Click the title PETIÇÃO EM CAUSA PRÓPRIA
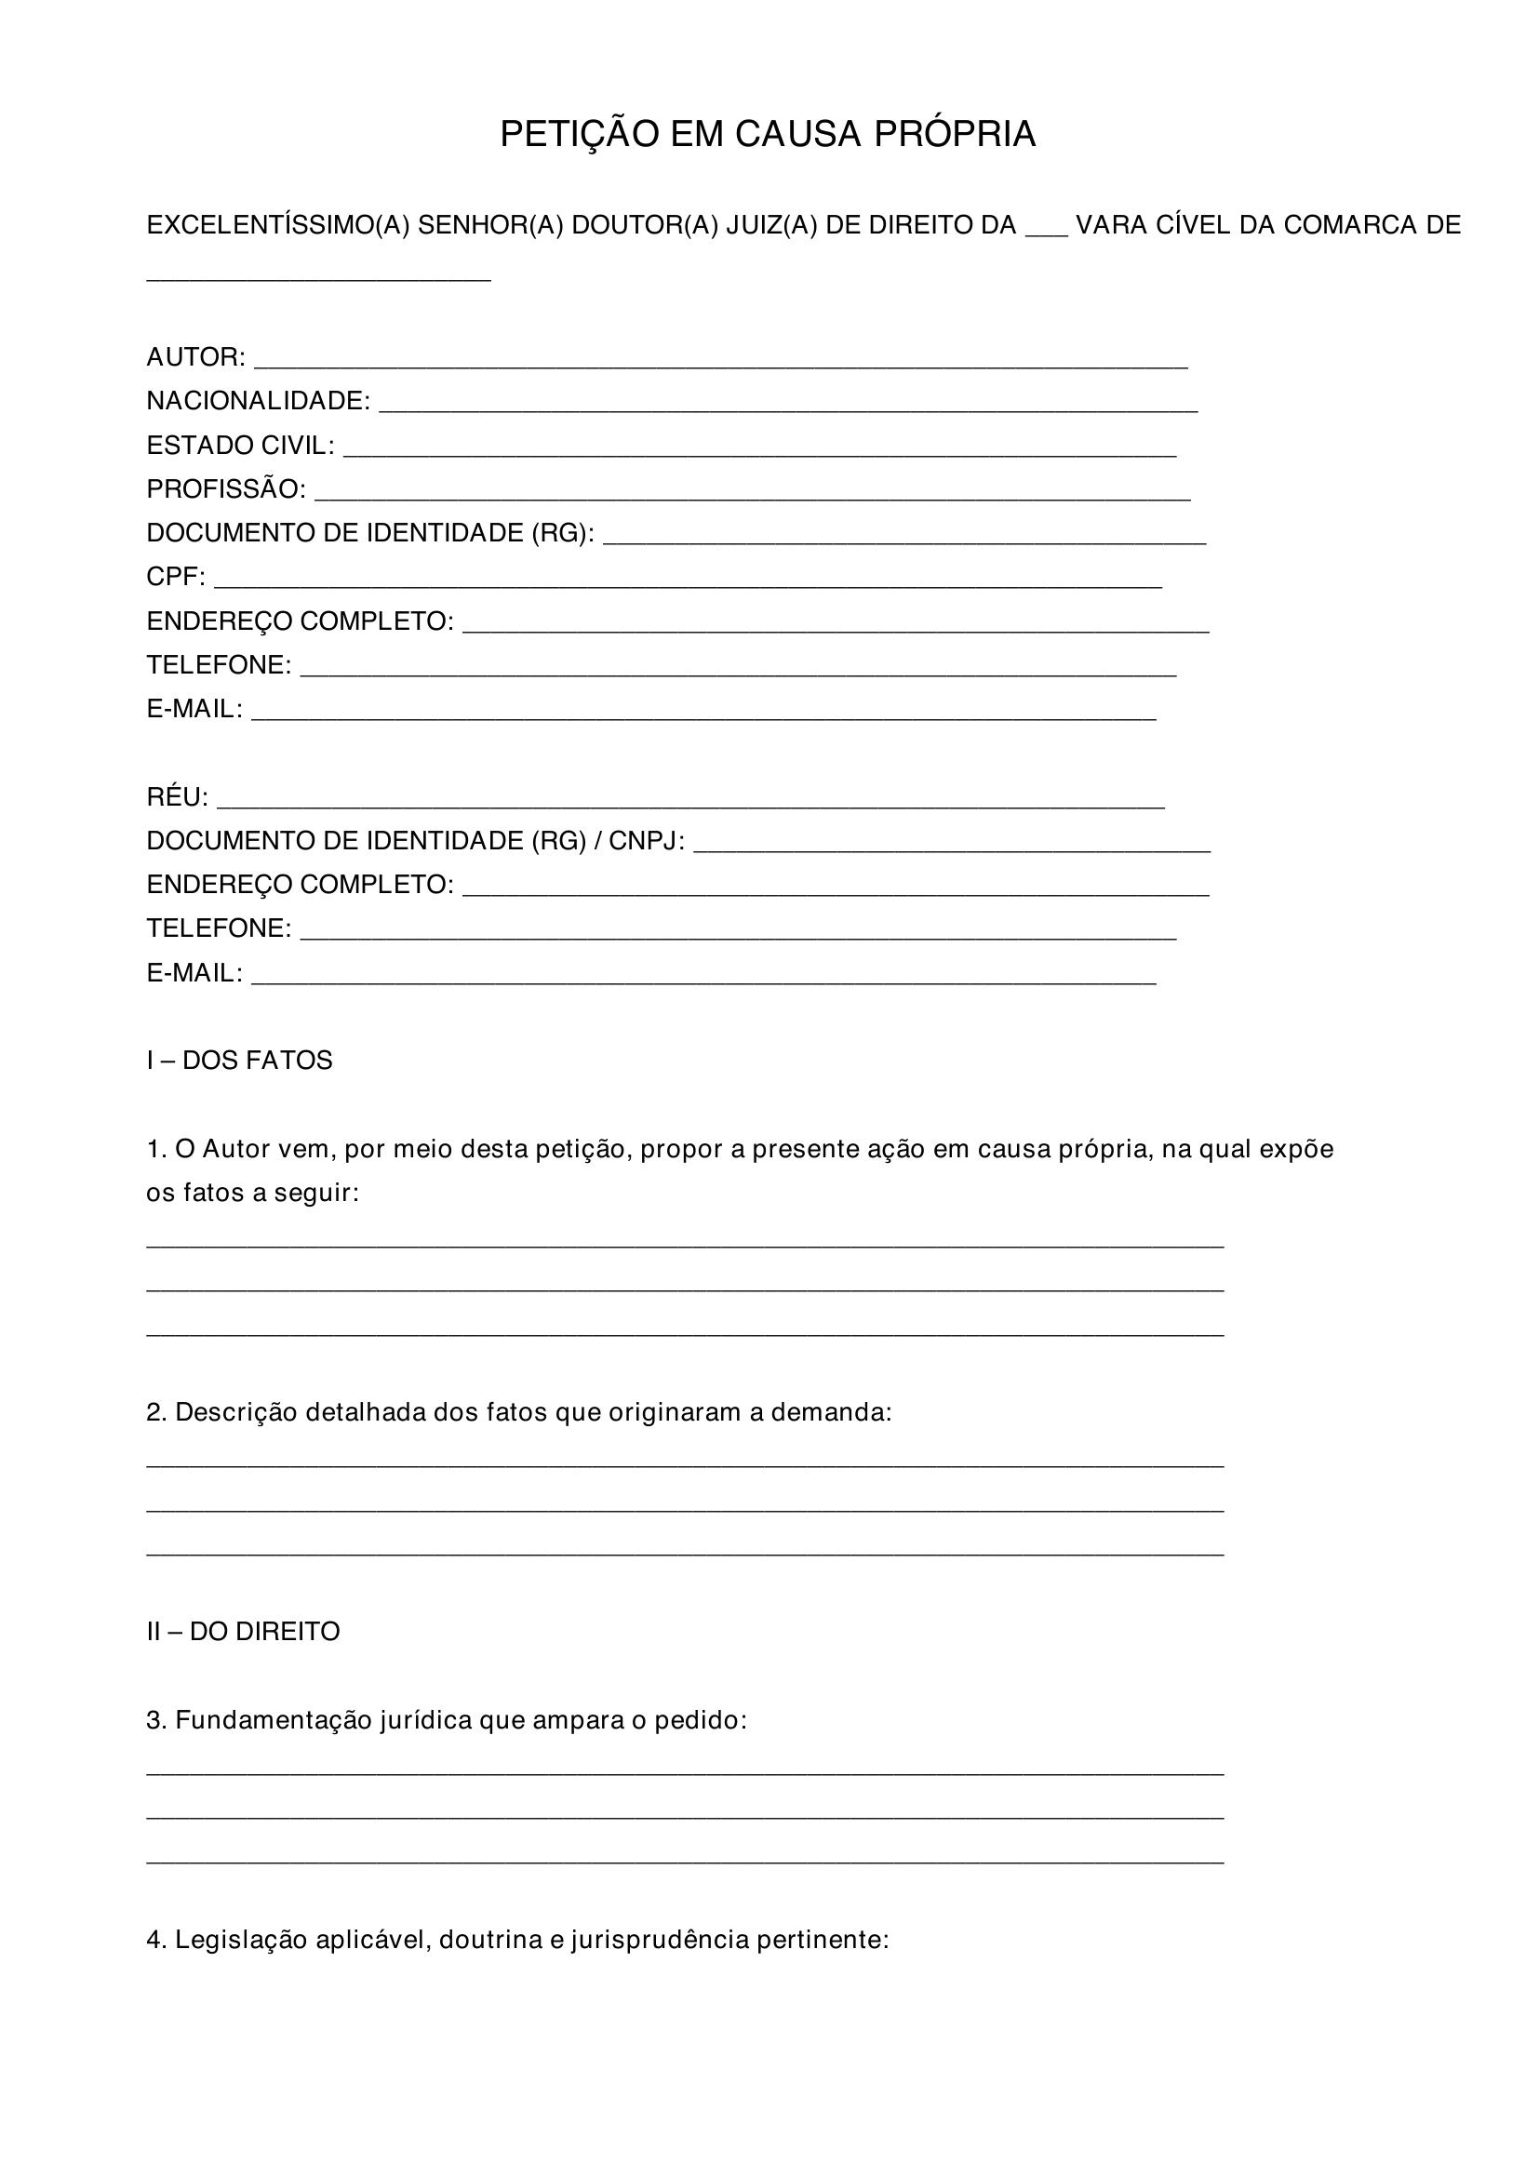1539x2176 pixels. (768, 135)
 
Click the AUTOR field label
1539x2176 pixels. (195, 357)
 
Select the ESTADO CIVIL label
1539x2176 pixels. (240, 446)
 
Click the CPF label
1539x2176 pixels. (175, 576)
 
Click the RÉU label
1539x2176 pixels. (177, 797)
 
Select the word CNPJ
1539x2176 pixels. (646, 841)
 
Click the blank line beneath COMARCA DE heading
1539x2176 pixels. (318, 275)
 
